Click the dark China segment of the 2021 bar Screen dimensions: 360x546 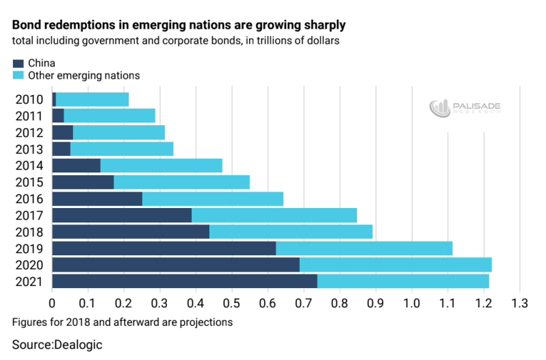[185, 281]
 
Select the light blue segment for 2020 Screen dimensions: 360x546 [395, 265]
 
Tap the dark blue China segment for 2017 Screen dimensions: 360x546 [122, 215]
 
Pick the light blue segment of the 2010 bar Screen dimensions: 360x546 [92, 99]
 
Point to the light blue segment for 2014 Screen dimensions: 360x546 [161, 165]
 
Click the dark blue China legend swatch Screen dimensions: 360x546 [18, 64]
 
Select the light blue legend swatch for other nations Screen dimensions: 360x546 [18, 75]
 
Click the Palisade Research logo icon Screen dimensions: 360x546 [439, 109]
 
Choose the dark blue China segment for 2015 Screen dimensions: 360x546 [83, 182]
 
